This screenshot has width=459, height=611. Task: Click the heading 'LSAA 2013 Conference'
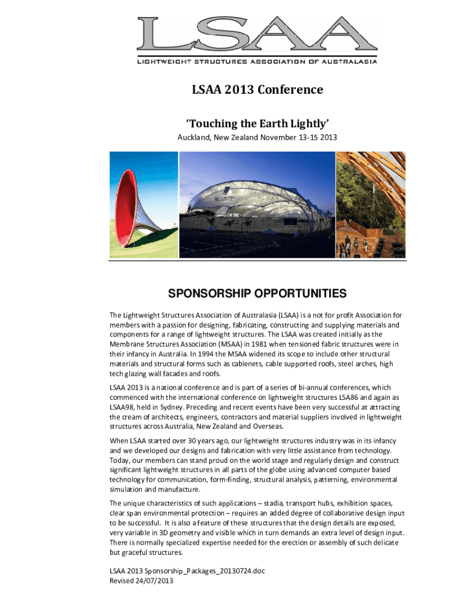(257, 90)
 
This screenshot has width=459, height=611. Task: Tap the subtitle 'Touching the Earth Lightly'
(257, 124)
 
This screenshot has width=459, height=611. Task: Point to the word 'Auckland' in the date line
(192, 138)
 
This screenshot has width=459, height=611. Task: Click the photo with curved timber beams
(371, 205)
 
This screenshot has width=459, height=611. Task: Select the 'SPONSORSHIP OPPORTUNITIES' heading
(257, 294)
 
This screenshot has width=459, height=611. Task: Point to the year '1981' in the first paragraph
(258, 344)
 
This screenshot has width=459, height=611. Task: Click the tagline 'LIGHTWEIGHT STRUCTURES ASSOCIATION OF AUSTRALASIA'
(258, 61)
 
